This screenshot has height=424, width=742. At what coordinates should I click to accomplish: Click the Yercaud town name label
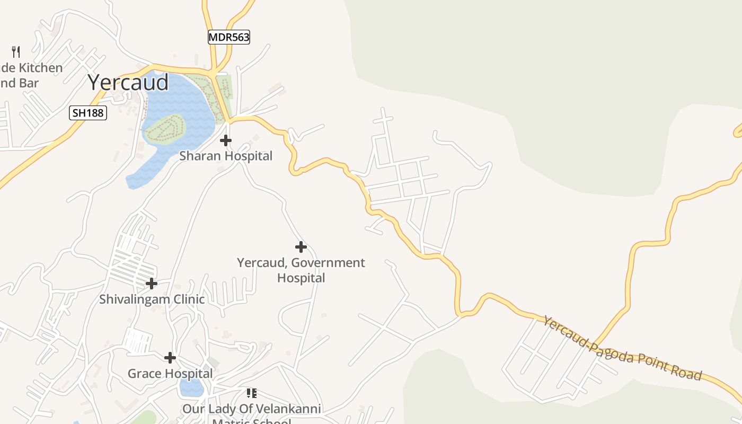[x=128, y=82]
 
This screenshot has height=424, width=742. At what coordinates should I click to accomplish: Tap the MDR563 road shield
[x=228, y=37]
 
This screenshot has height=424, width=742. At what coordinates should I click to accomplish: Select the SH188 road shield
[x=88, y=113]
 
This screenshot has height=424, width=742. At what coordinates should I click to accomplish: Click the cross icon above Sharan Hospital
[x=226, y=140]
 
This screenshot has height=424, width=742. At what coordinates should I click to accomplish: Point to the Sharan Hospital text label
[x=226, y=156]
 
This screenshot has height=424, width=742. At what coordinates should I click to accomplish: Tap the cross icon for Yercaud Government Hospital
[x=301, y=247]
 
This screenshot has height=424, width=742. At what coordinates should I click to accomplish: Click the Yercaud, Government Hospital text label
[x=301, y=270]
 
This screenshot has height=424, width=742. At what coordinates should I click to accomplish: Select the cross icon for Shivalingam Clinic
[x=152, y=284]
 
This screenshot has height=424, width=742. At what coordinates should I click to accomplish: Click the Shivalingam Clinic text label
[x=152, y=299]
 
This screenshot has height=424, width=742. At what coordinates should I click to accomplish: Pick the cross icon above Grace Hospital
[x=170, y=358]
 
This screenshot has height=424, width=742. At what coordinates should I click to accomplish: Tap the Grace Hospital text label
[x=170, y=373]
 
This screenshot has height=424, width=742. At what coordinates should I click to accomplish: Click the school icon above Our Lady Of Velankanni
[x=252, y=393]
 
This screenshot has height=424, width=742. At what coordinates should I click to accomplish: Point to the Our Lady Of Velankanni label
[x=252, y=409]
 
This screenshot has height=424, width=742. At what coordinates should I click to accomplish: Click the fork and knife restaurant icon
[x=16, y=52]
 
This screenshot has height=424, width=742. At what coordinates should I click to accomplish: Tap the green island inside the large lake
[x=164, y=129]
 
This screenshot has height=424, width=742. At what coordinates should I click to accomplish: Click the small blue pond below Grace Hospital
[x=191, y=387]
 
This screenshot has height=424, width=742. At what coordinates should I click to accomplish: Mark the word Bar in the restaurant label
[x=30, y=83]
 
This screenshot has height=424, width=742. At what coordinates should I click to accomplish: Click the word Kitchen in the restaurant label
[x=40, y=68]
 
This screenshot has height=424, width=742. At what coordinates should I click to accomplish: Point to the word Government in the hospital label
[x=328, y=262]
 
